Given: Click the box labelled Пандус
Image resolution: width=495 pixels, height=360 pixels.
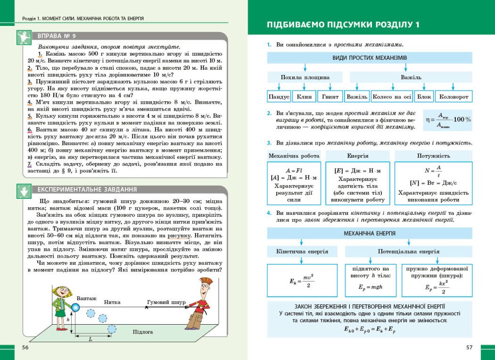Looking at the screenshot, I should pyautogui.click(x=279, y=97).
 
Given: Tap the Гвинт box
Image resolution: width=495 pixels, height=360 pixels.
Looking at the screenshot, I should pyautogui.click(x=330, y=97).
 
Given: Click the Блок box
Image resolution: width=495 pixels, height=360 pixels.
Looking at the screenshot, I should pyautogui.click(x=424, y=97).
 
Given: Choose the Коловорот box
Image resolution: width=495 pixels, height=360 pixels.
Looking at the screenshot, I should pyautogui.click(x=454, y=97).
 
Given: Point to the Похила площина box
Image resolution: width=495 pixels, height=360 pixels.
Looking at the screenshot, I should pyautogui.click(x=305, y=77).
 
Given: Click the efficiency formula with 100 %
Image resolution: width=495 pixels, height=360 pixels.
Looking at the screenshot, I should pyautogui.click(x=447, y=120).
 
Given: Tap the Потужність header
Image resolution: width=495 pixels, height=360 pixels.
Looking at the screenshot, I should pyautogui.click(x=433, y=155).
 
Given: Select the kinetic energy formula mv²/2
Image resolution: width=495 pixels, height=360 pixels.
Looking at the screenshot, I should pyautogui.click(x=302, y=281).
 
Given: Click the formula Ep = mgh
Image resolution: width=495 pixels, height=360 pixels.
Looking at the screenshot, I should pyautogui.click(x=370, y=286).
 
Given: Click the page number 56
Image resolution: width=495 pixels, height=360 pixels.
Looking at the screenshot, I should pyautogui.click(x=25, y=347).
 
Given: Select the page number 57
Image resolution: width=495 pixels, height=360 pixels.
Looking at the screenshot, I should pyautogui.click(x=469, y=347).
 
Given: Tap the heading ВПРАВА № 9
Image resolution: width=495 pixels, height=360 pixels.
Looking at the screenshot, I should pyautogui.click(x=57, y=36).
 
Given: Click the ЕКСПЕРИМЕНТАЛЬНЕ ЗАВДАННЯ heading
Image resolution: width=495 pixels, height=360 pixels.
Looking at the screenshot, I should pyautogui.click(x=87, y=189).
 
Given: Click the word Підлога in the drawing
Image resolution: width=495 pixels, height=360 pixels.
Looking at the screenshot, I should pyautogui.click(x=143, y=332).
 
